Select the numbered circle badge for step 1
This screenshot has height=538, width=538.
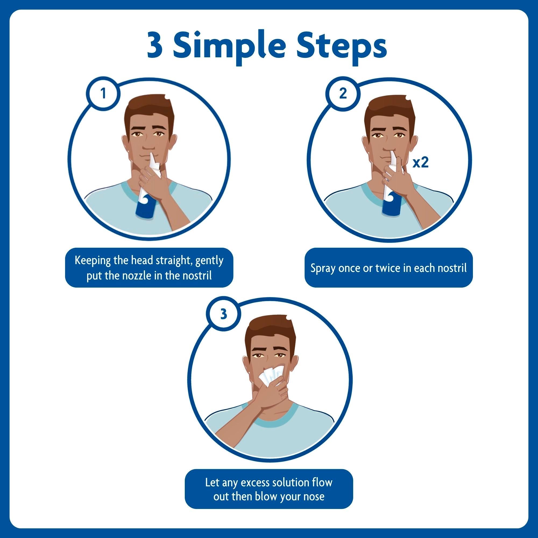103,94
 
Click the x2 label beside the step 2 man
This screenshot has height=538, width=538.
420,163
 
